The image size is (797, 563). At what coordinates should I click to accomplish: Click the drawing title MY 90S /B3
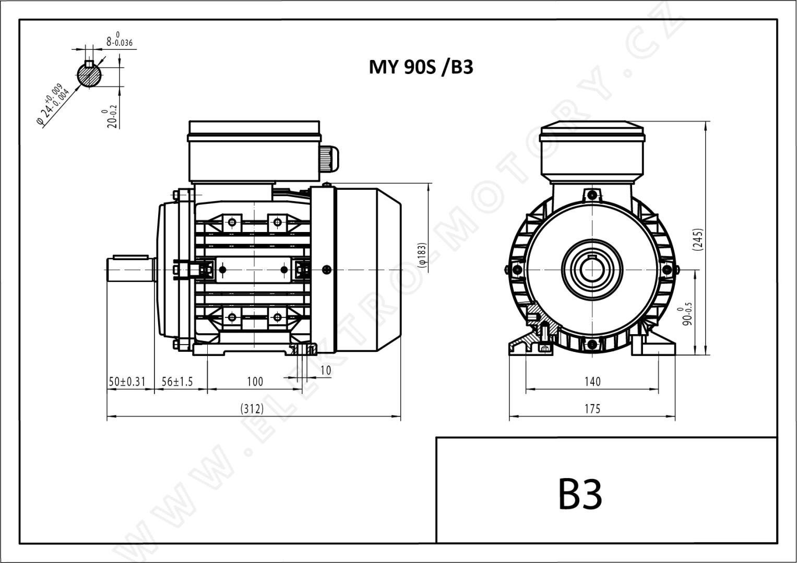pyautogui.click(x=421, y=67)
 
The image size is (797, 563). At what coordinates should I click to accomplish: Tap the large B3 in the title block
pyautogui.click(x=580, y=494)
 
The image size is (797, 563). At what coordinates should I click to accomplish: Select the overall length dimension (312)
pyautogui.click(x=252, y=409)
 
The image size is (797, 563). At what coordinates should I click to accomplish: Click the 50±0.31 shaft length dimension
pyautogui.click(x=127, y=382)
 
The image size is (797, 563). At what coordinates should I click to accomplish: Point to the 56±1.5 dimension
pyautogui.click(x=177, y=382)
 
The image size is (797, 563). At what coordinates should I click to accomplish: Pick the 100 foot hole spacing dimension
pyautogui.click(x=255, y=382)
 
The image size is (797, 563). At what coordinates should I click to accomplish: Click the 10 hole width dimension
pyautogui.click(x=326, y=370)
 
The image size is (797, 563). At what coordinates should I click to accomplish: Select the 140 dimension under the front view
pyautogui.click(x=592, y=382)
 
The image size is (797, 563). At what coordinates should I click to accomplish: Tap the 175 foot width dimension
pyautogui.click(x=592, y=409)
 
